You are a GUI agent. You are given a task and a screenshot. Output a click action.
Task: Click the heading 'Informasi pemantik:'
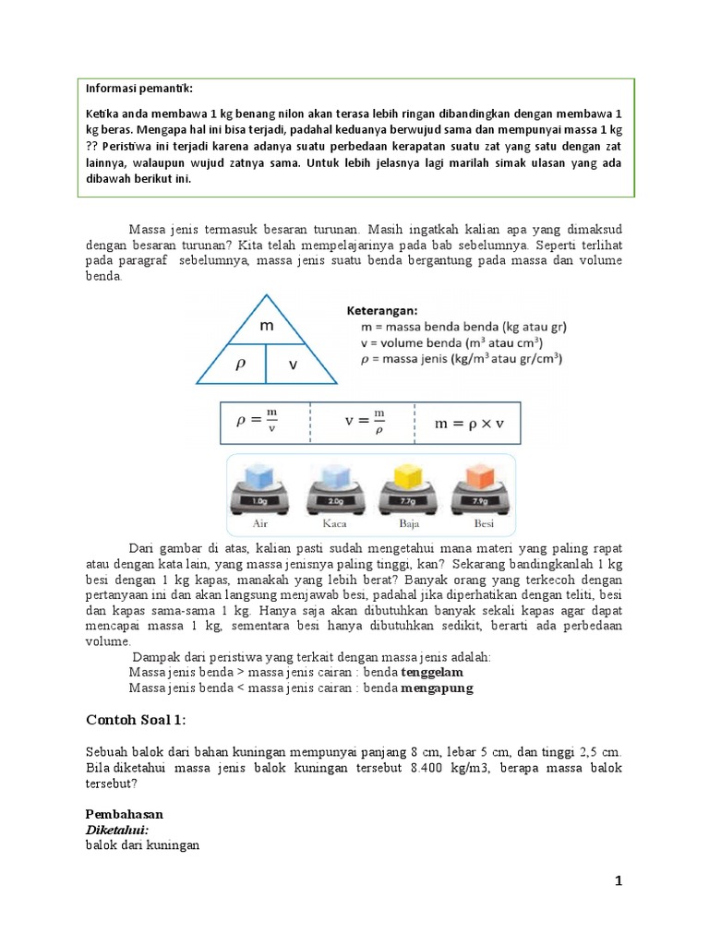[x=139, y=89]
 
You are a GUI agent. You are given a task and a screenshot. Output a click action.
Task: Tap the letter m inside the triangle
[x=266, y=327]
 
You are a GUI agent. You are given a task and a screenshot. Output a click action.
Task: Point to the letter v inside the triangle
[x=294, y=365]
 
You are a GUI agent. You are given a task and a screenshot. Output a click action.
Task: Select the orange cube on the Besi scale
[x=479, y=475]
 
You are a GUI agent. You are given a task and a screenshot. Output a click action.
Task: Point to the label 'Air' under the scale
[x=260, y=522]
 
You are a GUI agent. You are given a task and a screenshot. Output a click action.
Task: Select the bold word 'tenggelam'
[x=431, y=673]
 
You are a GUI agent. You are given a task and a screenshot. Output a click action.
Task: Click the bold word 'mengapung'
[x=437, y=688]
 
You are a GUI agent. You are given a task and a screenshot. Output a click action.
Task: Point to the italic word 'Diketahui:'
[x=117, y=830]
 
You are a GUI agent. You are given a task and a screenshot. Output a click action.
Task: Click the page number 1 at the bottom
[x=619, y=882]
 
